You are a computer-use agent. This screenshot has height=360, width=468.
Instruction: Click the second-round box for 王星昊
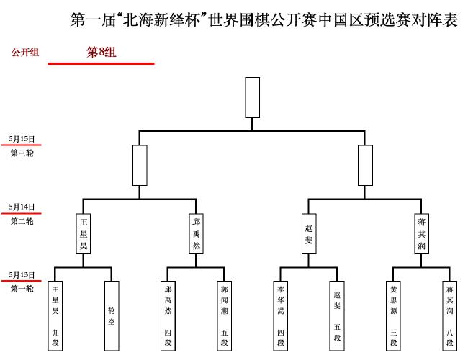pos(84,234)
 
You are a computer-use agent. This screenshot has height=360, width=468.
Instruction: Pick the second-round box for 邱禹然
pos(196,234)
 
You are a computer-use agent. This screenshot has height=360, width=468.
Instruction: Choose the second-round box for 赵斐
pos(309,234)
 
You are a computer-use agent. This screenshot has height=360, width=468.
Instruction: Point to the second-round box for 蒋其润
pos(421,234)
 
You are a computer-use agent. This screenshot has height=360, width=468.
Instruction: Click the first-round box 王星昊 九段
pos(55,316)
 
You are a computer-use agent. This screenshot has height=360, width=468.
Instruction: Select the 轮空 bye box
pos(112,316)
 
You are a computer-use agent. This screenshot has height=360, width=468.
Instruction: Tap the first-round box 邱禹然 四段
pos(168,316)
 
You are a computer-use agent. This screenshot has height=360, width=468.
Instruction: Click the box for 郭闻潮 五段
pos(224,316)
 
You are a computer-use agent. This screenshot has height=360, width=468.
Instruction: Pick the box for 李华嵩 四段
pos(281,316)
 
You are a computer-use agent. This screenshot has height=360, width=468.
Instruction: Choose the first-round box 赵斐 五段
pos(337,316)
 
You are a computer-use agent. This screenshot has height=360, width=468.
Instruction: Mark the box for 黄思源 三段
pos(393,316)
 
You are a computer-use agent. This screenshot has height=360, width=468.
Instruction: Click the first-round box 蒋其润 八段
pos(450,316)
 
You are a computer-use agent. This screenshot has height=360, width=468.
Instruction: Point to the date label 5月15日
pos(22,139)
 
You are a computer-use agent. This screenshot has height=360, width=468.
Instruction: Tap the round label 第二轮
pos(22,221)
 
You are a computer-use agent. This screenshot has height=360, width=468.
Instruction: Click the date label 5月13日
pos(22,275)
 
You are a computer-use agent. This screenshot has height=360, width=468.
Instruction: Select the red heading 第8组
pos(102,53)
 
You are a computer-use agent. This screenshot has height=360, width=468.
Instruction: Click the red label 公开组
pos(25,53)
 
